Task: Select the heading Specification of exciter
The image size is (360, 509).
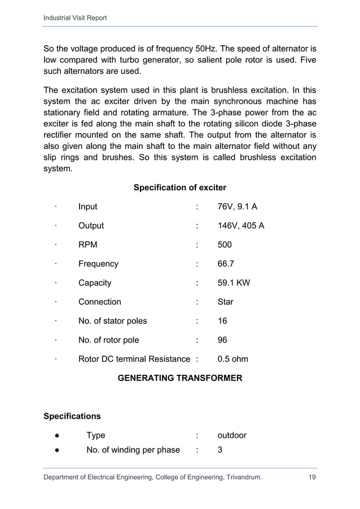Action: (x=179, y=187)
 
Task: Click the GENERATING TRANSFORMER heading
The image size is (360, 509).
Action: (x=179, y=378)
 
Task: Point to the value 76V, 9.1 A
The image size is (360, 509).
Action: (x=238, y=207)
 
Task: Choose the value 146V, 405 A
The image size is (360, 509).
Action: (x=241, y=226)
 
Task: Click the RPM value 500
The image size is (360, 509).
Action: (x=225, y=245)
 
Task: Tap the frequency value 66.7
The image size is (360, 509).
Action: (x=226, y=264)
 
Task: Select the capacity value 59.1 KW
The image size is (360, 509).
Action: (x=234, y=283)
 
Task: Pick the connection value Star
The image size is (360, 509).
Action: (x=225, y=302)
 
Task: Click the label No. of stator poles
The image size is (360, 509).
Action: (x=112, y=321)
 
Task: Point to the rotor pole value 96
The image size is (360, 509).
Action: (x=222, y=340)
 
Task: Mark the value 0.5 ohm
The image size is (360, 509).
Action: (x=232, y=359)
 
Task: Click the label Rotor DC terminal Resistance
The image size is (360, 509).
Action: (x=134, y=359)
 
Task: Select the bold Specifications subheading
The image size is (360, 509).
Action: (x=72, y=416)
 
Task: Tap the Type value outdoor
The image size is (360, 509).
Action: (x=232, y=436)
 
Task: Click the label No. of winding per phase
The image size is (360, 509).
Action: (x=133, y=450)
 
